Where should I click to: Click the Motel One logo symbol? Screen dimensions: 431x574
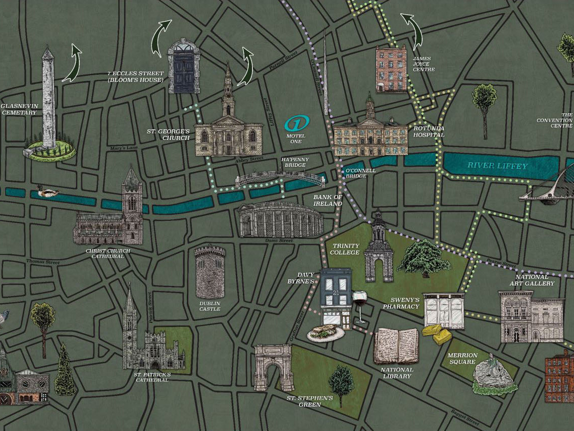(x=296, y=123)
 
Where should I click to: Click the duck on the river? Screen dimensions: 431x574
(x=48, y=192)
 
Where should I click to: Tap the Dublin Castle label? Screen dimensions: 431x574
(x=210, y=306)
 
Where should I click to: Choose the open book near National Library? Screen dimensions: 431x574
(x=396, y=345)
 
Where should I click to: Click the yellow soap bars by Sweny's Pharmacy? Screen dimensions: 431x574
(x=437, y=334)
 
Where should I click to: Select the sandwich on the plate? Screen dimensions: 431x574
(x=326, y=332)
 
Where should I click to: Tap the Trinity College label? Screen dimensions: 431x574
(x=345, y=249)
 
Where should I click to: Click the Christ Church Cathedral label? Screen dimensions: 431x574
(x=108, y=254)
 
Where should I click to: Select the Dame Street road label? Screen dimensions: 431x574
(x=279, y=241)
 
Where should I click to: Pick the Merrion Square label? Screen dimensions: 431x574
(x=462, y=359)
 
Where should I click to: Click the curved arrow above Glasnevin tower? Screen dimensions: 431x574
(x=72, y=63)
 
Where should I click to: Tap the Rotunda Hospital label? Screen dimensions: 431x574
(x=429, y=131)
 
